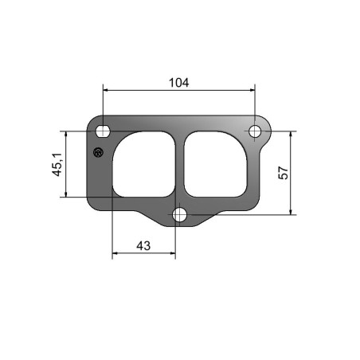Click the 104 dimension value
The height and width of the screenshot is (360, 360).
pos(179,83)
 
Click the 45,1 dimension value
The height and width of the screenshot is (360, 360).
pos(57,164)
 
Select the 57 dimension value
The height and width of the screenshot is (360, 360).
pos(284,173)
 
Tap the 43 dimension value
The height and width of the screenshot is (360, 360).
pos(143,245)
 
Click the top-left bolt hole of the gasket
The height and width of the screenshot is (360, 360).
pos(103,131)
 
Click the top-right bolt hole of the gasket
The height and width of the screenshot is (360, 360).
pos(255,131)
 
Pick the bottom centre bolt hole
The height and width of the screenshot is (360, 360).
pos(179,214)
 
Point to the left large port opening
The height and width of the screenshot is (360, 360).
pos(143,164)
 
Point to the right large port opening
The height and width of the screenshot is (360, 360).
pos(216,164)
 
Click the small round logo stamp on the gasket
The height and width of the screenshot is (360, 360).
pos(98,152)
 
